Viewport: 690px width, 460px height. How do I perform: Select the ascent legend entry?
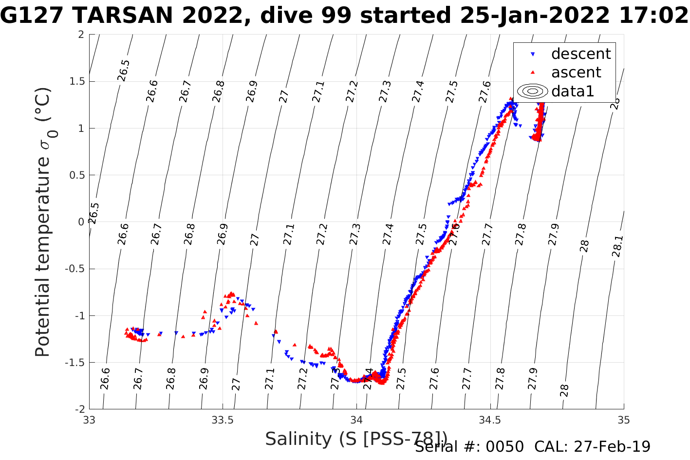[576, 73]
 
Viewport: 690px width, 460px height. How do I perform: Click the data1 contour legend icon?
[533, 91]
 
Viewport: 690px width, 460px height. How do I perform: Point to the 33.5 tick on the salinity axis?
[223, 420]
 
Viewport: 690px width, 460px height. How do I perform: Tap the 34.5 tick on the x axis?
[490, 420]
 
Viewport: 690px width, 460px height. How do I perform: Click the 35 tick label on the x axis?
[623, 420]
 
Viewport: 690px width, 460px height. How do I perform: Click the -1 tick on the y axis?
[78, 316]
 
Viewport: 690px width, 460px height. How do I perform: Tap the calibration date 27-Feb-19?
[612, 447]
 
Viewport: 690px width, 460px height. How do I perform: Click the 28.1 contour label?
[617, 246]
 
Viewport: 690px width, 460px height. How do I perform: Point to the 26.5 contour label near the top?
[124, 71]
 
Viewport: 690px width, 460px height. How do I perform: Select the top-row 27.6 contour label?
[485, 92]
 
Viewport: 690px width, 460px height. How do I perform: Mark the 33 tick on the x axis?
[89, 420]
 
